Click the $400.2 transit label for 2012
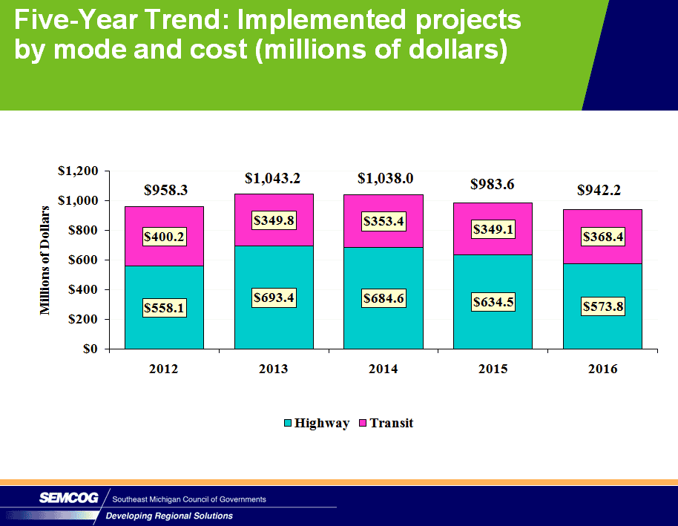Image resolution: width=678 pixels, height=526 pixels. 163,237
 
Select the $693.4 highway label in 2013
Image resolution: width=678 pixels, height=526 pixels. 273,298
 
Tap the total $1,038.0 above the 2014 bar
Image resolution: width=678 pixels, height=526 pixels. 385,178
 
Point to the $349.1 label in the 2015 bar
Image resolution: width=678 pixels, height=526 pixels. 493,230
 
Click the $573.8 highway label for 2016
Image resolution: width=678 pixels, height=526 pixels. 602,306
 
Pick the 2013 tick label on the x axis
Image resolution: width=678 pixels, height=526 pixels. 274,369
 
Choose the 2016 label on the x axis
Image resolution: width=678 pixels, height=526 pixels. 602,369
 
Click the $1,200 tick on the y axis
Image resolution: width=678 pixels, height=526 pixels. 79,171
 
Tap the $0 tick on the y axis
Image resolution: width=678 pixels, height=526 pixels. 90,349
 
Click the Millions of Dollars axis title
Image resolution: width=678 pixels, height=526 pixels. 46,260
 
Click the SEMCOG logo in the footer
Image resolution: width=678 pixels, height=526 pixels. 68,499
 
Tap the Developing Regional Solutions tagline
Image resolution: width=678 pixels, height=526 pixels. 169,516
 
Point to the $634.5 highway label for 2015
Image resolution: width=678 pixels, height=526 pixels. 493,302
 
